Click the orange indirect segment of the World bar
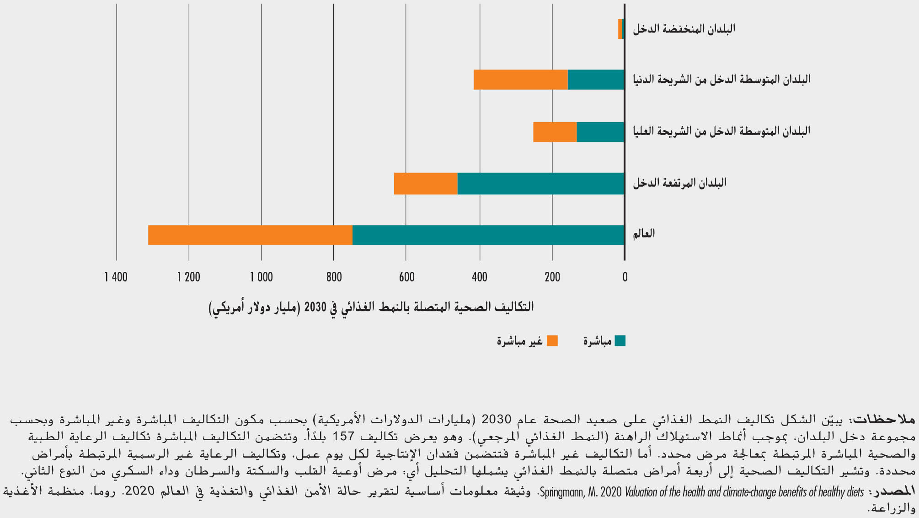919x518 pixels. point(250,235)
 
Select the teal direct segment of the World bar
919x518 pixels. point(488,235)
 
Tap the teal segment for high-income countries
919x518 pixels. point(540,183)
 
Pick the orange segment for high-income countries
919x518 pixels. point(426,183)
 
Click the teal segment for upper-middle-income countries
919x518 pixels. point(600,132)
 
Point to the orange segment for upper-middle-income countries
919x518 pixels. point(555,132)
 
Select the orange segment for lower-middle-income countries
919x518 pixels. point(521,80)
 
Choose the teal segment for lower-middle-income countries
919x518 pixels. point(596,80)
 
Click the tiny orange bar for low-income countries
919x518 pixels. point(620,29)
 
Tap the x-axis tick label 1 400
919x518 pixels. point(116,277)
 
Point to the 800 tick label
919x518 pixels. point(334,277)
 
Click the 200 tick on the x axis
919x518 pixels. point(552,277)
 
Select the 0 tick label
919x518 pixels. point(625,277)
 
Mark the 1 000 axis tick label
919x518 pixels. point(261,277)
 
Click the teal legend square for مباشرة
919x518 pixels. point(620,341)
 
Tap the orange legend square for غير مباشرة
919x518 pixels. point(552,341)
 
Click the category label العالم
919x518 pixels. point(644,234)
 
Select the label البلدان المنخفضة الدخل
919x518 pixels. point(684,29)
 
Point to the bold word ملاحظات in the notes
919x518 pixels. point(885,419)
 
